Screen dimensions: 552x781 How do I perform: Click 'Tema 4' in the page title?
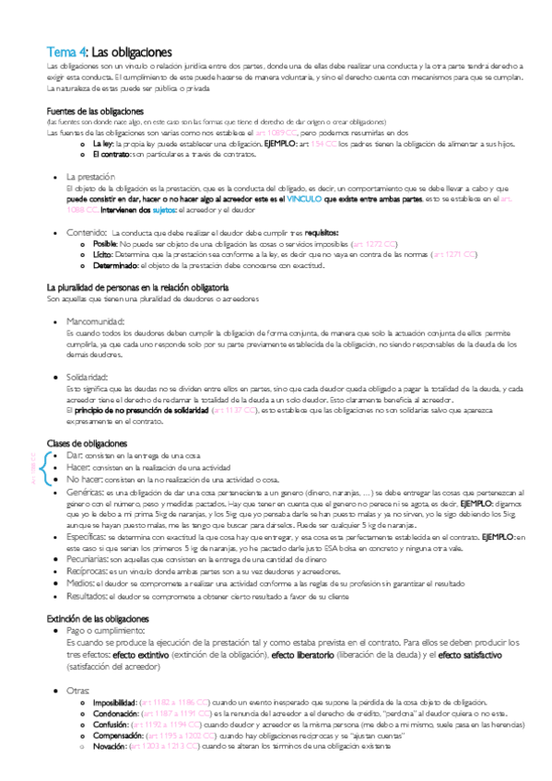67,52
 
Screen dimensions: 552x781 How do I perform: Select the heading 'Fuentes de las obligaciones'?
89,111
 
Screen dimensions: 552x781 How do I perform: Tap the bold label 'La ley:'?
103,145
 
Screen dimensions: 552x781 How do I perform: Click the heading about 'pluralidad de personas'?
137,287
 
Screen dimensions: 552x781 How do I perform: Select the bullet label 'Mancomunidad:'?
100,321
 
